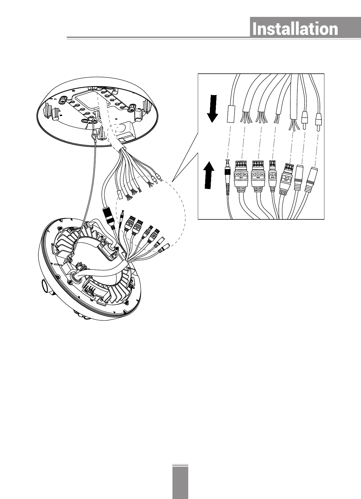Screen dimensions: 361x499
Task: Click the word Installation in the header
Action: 295,29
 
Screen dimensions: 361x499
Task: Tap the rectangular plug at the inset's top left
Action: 231,114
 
